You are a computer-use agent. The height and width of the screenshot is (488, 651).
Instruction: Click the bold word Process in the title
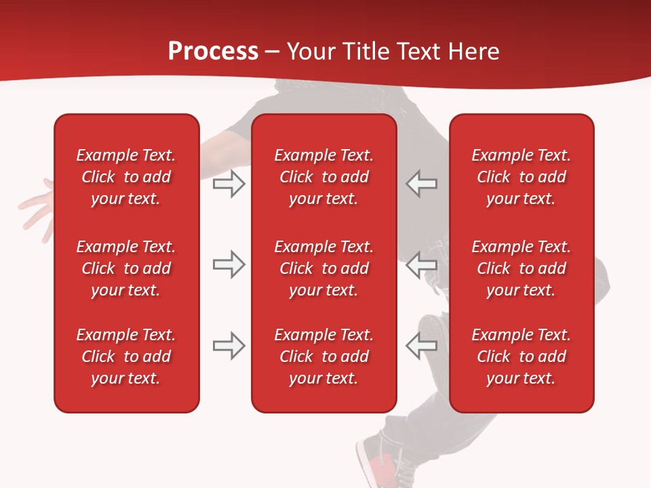point(213,52)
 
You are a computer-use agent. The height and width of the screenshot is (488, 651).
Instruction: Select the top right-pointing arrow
point(229,184)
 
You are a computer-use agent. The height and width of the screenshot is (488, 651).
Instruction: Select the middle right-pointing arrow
point(229,264)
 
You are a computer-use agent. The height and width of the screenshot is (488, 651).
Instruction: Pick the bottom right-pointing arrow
point(229,346)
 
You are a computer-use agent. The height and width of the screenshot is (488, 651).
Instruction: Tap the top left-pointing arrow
point(421,184)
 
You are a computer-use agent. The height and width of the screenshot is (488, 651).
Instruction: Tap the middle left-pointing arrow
point(421,264)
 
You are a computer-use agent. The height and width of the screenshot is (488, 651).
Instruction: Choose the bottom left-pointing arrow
point(421,346)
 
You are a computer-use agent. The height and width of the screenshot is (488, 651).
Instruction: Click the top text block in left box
point(126,177)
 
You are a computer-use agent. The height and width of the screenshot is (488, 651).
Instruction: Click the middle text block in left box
point(126,268)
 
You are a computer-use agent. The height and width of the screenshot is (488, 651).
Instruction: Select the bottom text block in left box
point(126,357)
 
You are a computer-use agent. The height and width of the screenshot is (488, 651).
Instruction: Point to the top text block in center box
point(323,177)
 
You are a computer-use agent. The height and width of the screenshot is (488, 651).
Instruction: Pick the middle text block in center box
point(323,268)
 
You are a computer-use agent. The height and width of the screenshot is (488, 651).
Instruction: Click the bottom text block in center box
point(323,357)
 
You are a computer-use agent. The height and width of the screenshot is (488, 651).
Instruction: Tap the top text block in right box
point(521,177)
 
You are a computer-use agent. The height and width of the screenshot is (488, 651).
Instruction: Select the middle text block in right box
point(521,268)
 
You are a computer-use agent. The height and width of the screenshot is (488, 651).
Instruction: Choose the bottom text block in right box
point(521,357)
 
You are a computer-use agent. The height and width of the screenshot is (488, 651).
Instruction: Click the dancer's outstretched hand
point(37,203)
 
